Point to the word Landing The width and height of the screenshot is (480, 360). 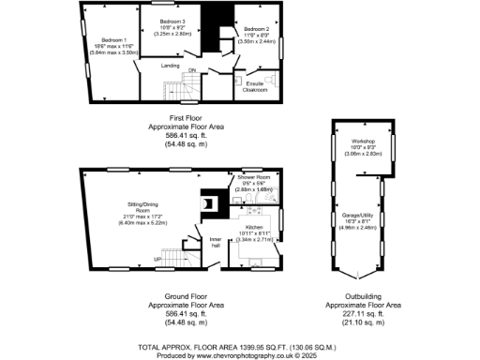coord(170,66)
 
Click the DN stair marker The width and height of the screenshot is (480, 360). coord(192,69)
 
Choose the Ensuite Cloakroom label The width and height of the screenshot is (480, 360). coord(254,89)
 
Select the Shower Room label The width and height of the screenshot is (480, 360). coord(253,176)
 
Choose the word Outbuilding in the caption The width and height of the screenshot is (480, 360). coord(362,297)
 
